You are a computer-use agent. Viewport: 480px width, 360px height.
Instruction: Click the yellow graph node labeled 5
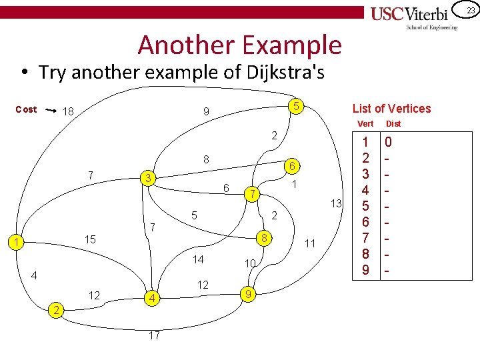click(x=295, y=106)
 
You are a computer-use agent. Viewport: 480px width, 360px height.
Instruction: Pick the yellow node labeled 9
click(x=248, y=293)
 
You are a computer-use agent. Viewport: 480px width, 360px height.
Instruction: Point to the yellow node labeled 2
click(x=58, y=310)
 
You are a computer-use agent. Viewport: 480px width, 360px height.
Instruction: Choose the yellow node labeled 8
click(x=264, y=239)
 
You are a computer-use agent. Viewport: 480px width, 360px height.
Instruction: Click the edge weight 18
click(x=68, y=112)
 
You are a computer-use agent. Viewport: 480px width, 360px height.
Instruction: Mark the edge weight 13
click(x=337, y=203)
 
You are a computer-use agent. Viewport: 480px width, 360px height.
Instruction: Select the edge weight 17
click(x=154, y=335)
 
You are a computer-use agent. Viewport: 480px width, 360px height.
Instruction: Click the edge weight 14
click(x=198, y=259)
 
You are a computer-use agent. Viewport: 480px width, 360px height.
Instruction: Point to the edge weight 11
click(x=309, y=244)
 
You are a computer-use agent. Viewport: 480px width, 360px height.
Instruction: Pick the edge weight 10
click(x=250, y=264)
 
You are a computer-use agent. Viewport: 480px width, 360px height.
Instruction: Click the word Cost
click(x=26, y=109)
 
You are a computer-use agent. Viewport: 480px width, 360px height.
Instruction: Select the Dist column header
click(x=393, y=123)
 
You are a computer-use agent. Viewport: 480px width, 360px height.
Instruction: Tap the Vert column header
click(x=366, y=123)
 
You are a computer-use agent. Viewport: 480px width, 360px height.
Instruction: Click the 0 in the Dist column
click(x=389, y=142)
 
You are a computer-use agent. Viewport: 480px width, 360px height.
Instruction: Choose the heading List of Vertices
click(x=391, y=109)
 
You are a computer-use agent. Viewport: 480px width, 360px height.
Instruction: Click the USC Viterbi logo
click(x=414, y=15)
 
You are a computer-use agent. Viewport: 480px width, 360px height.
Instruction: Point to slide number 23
click(x=470, y=10)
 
